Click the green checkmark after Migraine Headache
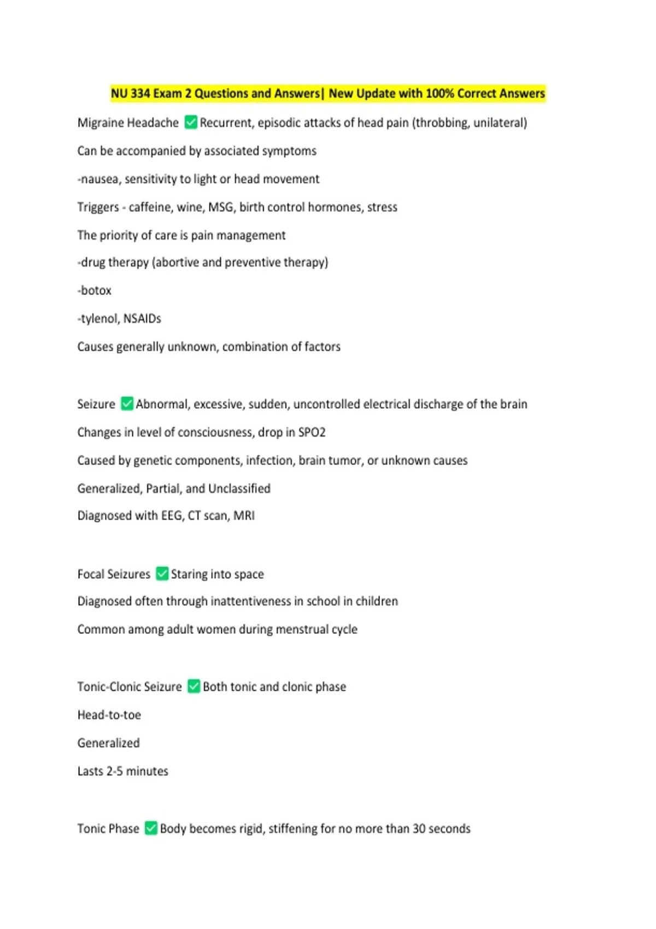click(x=191, y=122)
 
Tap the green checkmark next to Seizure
click(x=127, y=404)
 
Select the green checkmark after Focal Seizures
click(x=162, y=574)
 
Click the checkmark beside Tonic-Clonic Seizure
click(x=194, y=686)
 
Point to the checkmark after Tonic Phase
click(x=151, y=828)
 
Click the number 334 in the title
click(x=140, y=93)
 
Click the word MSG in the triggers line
click(x=221, y=207)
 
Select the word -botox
click(x=95, y=290)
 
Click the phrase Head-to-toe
click(x=109, y=715)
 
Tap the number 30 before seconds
click(x=419, y=828)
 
